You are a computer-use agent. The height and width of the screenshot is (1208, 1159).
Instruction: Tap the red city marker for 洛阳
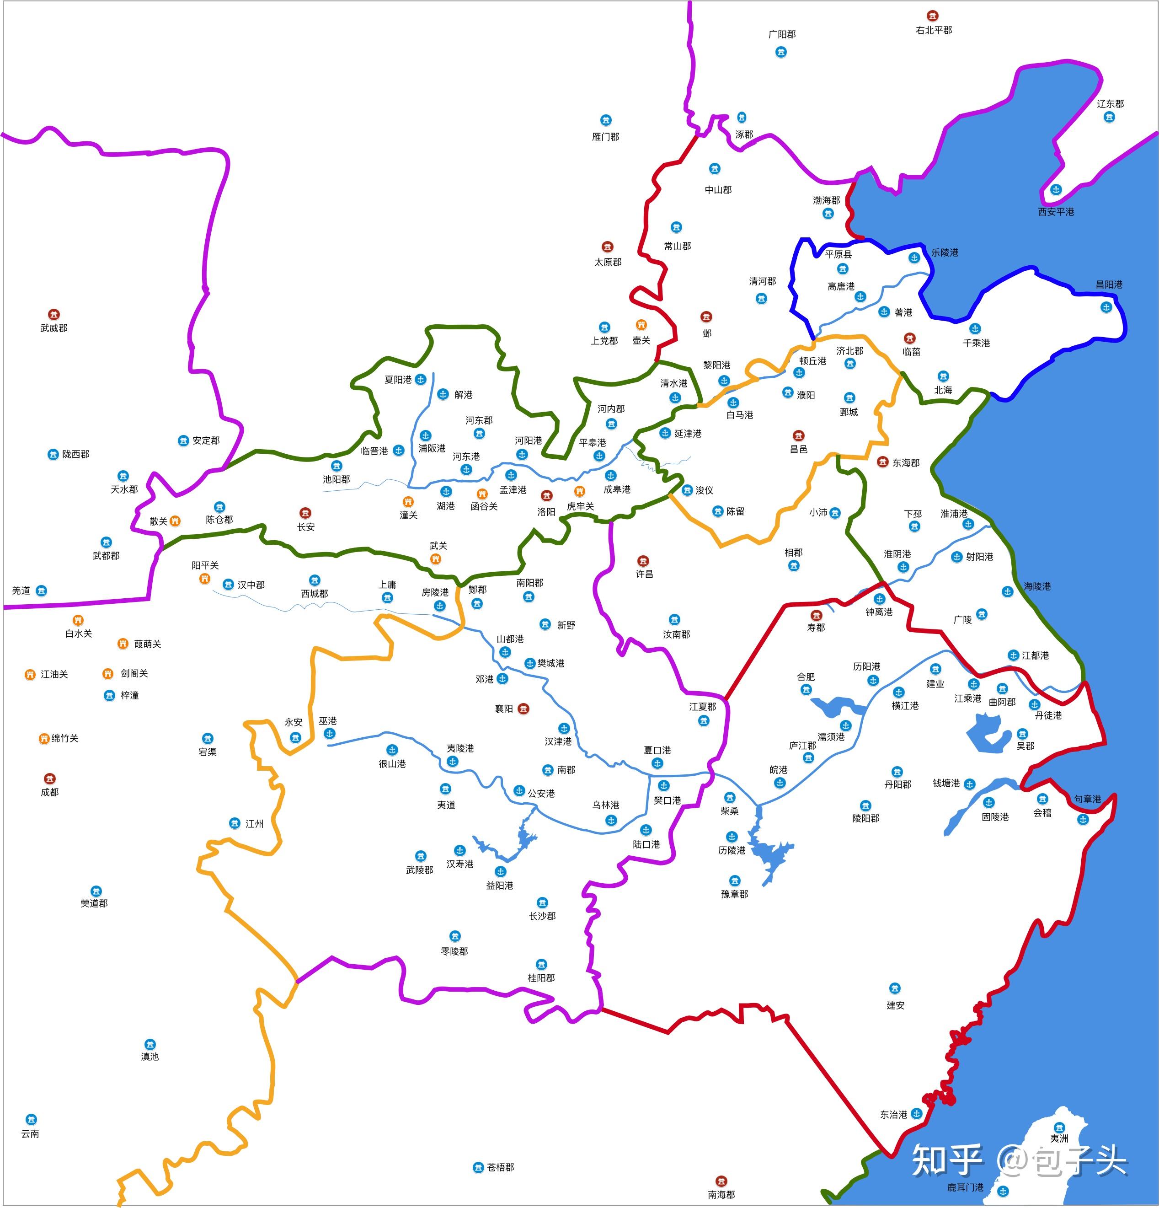[x=546, y=495]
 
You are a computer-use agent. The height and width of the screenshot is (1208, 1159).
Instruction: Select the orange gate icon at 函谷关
[x=482, y=494]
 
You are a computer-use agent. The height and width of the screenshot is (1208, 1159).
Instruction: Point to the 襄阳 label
[x=504, y=709]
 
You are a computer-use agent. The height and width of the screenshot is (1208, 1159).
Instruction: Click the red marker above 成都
[x=49, y=779]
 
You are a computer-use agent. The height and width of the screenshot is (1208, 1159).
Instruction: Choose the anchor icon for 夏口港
[x=657, y=763]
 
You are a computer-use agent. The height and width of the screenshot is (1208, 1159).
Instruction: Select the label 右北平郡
[x=934, y=30]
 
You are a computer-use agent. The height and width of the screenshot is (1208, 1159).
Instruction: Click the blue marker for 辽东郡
[x=1109, y=117]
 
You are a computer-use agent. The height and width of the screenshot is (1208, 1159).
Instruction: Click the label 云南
[x=30, y=1133]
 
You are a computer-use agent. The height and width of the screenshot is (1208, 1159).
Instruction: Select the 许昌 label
[x=644, y=574]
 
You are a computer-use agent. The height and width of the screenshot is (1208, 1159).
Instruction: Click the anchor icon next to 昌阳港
[x=1106, y=307]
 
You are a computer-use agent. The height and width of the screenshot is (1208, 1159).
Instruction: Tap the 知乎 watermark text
[x=947, y=1160]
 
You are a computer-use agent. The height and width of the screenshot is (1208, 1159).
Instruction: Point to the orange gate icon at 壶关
[x=641, y=325]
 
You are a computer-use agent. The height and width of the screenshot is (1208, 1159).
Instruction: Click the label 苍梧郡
[x=500, y=1167]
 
